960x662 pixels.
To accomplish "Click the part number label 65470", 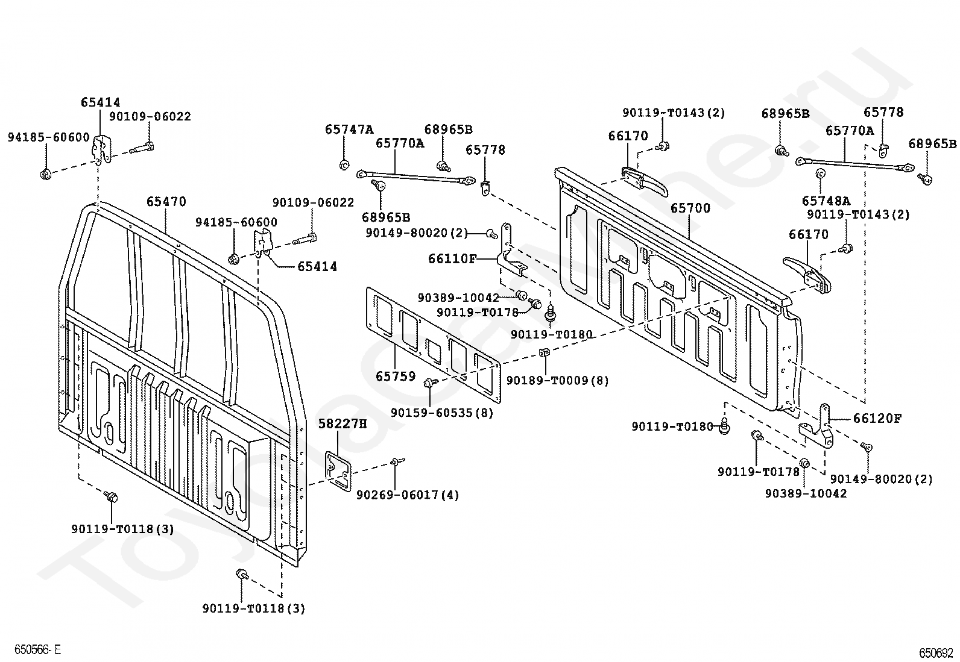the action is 166,201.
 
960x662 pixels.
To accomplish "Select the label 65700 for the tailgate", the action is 690,208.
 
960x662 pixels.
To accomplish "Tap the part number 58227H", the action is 343,423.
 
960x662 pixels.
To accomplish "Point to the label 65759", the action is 396,376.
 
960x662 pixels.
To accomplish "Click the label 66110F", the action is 452,258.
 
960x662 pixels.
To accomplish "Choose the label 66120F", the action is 877,418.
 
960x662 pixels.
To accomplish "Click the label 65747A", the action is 349,129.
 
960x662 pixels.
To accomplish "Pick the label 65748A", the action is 826,201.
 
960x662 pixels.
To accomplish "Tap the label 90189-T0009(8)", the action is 558,380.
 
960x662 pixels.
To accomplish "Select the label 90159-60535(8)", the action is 442,413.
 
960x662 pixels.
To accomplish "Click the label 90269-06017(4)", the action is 408,495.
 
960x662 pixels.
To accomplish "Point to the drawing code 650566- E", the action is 38,649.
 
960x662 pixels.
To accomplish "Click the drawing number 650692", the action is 936,653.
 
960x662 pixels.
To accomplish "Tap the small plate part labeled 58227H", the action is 338,471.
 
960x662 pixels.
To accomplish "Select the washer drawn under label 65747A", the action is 344,164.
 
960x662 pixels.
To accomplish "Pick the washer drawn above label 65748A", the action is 820,174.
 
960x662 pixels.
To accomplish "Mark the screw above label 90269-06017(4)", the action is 397,461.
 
